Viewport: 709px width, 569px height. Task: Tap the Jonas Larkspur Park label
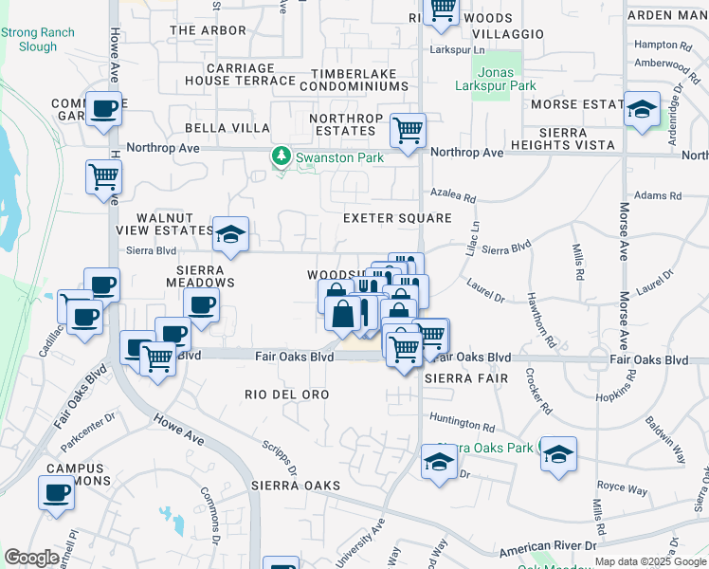click(x=495, y=79)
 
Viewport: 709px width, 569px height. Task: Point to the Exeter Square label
click(x=397, y=218)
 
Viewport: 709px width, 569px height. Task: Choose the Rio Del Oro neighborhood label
click(x=286, y=394)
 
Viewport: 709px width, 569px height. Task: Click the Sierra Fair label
click(x=462, y=376)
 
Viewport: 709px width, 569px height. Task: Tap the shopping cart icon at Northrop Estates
click(x=408, y=130)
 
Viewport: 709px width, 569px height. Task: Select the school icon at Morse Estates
click(x=642, y=110)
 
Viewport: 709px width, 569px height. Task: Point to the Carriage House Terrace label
click(x=241, y=74)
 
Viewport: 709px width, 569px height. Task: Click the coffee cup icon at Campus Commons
click(x=56, y=493)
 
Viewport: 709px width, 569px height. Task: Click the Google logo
click(x=32, y=557)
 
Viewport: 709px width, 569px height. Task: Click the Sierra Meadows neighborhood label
click(x=200, y=275)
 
